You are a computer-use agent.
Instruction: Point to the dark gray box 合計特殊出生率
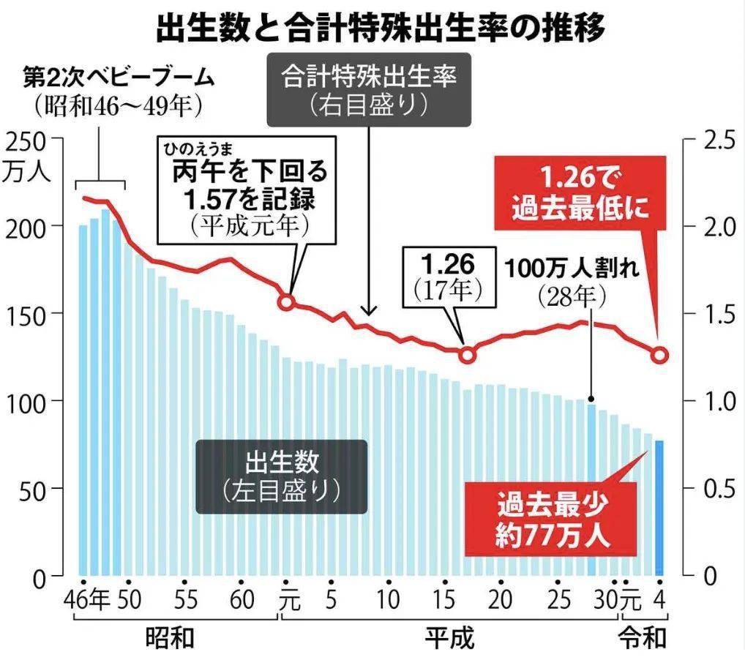(367, 90)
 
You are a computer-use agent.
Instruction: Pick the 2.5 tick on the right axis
(707, 140)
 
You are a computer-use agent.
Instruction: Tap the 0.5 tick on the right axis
(707, 489)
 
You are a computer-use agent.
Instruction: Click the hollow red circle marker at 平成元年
(288, 301)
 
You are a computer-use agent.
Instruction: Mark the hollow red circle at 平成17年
(468, 354)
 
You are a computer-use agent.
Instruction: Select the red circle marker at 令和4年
(659, 356)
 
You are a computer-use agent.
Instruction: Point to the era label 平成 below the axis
(449, 638)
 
